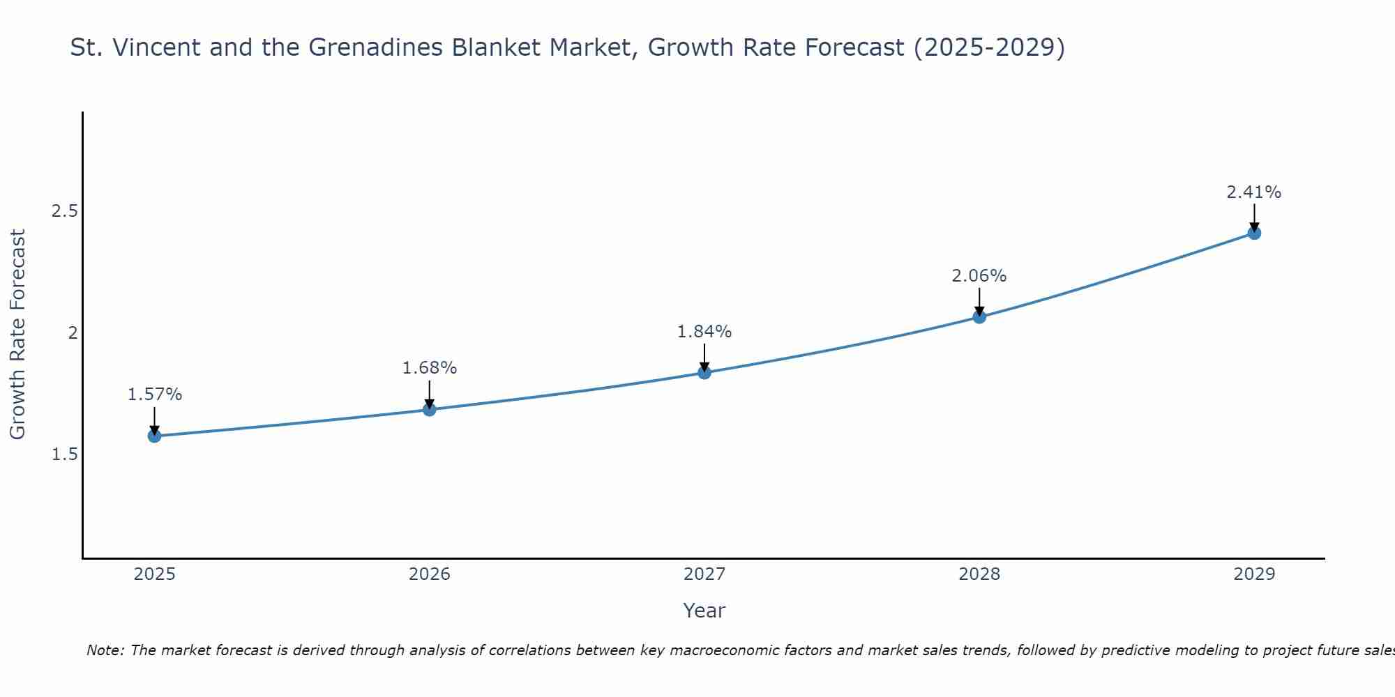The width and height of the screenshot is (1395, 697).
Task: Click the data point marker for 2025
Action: coord(154,436)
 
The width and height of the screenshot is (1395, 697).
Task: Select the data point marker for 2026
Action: coord(430,409)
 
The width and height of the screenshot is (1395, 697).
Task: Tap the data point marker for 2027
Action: coord(704,373)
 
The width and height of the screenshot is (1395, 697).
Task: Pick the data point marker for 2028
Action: coord(979,317)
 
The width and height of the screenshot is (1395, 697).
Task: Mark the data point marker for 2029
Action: coord(1254,233)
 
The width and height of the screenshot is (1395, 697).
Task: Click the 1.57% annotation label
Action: coord(154,395)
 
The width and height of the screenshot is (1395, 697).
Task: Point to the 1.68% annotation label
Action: coord(430,368)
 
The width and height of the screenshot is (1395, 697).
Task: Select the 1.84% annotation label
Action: coord(704,332)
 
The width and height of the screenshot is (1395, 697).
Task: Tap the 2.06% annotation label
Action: coord(979,276)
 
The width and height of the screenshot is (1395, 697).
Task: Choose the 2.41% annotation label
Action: coord(1254,192)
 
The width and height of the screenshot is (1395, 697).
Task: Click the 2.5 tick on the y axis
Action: coord(64,211)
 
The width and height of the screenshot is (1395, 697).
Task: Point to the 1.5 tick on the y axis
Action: coord(64,454)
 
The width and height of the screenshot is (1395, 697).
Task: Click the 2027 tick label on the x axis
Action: coord(704,574)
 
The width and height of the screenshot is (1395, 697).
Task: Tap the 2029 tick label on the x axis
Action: coord(1254,574)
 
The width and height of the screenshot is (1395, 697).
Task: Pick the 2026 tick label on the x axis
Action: coord(430,574)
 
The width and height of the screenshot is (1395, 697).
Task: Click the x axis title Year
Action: coord(704,611)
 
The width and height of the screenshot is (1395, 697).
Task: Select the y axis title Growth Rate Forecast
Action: coord(18,335)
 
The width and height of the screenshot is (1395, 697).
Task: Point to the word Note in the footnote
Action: coord(105,650)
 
